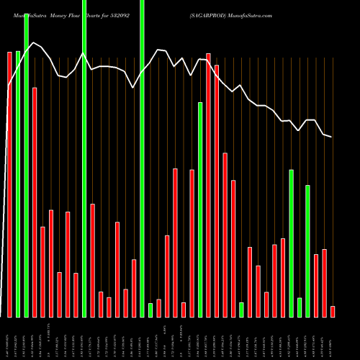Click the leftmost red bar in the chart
(9, 184)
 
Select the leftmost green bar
(18, 184)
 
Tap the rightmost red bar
(333, 311)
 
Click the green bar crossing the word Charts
(84, 158)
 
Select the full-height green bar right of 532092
(142, 158)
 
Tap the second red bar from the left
(35, 202)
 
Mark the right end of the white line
(331, 137)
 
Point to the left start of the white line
(8, 86)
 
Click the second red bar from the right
(324, 283)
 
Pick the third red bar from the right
(316, 285)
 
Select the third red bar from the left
(42, 271)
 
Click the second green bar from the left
(26, 166)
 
